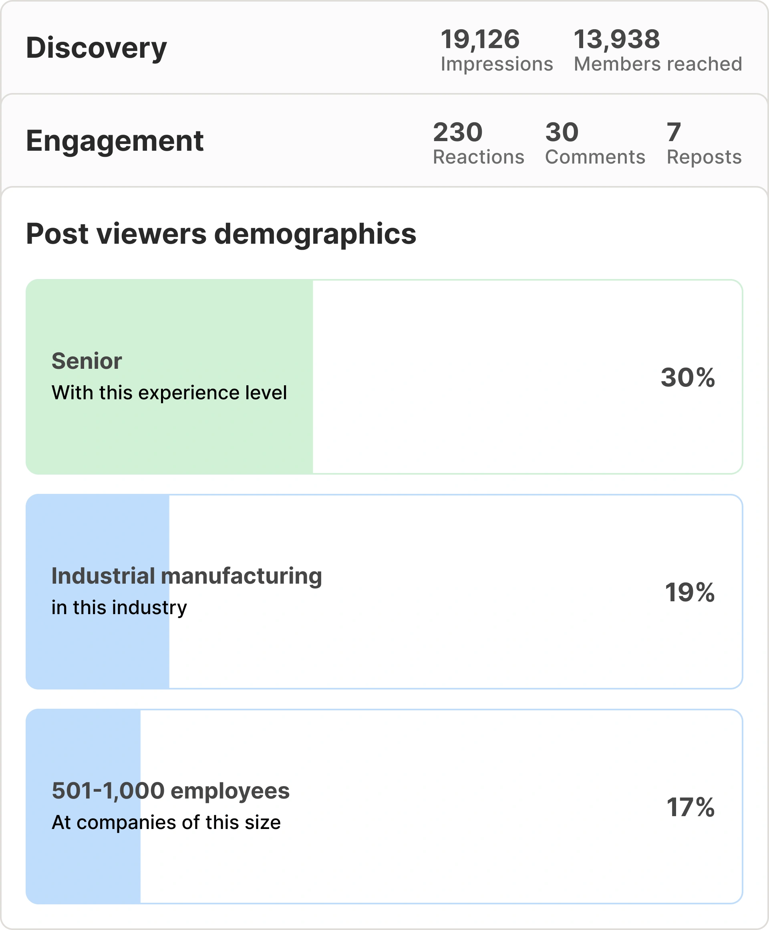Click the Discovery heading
coord(97,47)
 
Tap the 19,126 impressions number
coord(480,39)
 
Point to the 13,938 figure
coord(617,39)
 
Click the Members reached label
coord(658,64)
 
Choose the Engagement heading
coord(115,141)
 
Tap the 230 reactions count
coord(457,132)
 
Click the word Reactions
coord(478,157)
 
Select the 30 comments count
coord(562,132)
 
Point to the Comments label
coord(595,157)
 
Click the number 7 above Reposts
coord(673,132)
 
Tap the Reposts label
coord(704,157)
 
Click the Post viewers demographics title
coord(221,234)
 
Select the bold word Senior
coord(87,361)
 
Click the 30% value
coord(688,377)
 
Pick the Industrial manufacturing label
coord(187,576)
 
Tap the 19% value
coord(689,592)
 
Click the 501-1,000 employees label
coord(171,790)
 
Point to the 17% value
coord(690,807)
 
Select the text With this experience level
coord(169,393)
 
